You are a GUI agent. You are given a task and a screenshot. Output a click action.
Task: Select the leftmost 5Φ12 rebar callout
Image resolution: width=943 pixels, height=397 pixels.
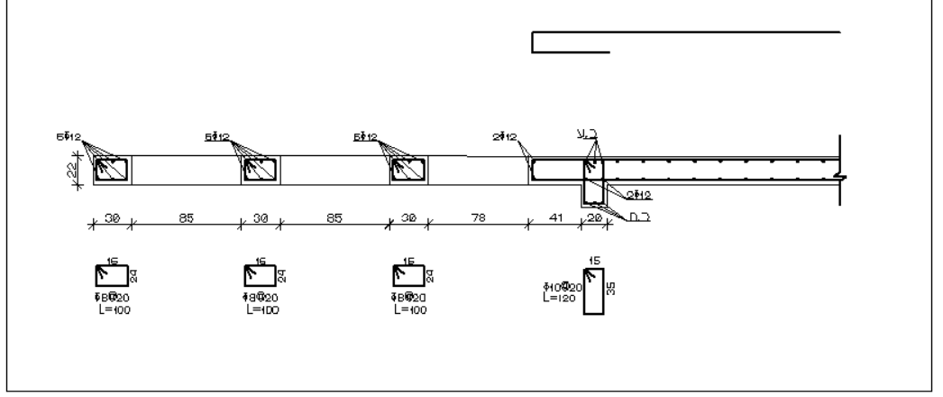pos(68,137)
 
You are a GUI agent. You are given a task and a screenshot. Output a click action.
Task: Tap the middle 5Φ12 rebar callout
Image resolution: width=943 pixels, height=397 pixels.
pos(217,137)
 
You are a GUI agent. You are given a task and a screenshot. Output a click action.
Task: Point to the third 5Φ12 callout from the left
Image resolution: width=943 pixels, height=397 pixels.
pos(367,137)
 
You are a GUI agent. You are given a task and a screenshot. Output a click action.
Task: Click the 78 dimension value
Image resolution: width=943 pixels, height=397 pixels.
pos(477,217)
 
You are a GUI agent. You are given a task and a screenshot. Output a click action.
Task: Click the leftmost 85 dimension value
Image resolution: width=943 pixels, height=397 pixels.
pos(187,217)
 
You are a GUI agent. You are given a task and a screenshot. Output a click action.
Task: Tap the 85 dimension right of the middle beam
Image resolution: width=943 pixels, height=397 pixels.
pos(334,217)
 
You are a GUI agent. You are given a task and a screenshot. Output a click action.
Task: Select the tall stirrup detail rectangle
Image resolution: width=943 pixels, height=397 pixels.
pos(594,291)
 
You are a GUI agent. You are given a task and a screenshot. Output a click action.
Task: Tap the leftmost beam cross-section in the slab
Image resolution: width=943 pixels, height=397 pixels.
pos(113,170)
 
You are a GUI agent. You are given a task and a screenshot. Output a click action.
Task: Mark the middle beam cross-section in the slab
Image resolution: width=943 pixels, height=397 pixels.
pos(261,170)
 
